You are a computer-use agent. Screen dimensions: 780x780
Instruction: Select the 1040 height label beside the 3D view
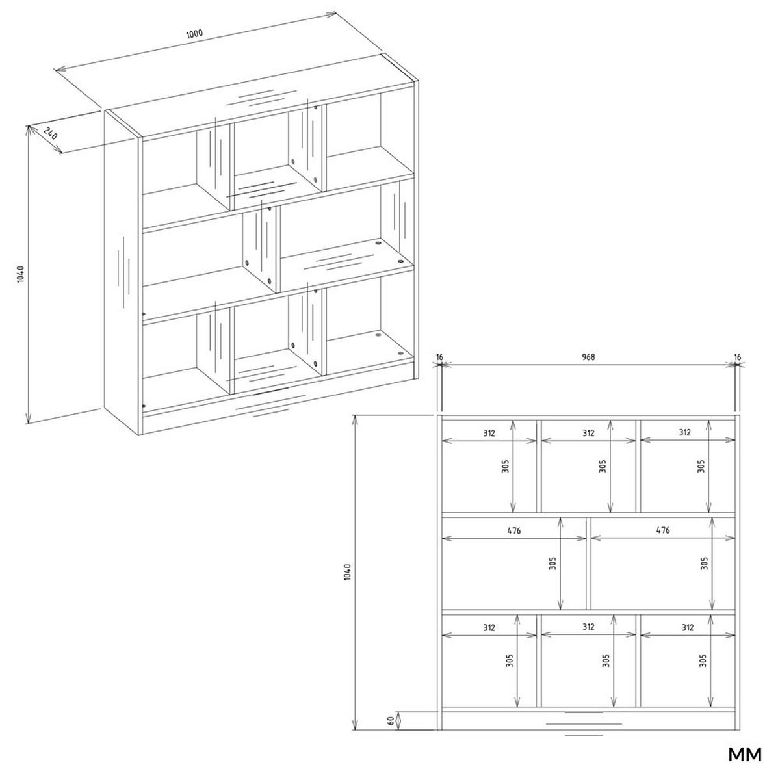[x=20, y=274]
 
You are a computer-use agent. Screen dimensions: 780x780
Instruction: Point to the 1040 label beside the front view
[x=348, y=573]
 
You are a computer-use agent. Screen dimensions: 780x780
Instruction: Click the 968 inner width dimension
[x=588, y=356]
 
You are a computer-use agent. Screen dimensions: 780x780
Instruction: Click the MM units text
[x=744, y=755]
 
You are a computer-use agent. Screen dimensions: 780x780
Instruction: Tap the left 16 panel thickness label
[x=440, y=356]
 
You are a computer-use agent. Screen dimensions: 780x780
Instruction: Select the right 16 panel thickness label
[x=736, y=356]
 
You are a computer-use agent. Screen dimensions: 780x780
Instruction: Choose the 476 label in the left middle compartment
[x=514, y=530]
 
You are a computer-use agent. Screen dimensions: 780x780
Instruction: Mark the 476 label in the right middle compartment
[x=662, y=530]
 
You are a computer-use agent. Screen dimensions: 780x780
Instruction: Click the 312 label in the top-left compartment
[x=489, y=432]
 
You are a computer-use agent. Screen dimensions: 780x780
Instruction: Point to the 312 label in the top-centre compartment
[x=588, y=432]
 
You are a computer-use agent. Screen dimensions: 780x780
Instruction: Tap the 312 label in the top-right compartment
[x=685, y=432]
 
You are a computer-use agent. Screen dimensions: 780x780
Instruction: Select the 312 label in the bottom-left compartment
[x=489, y=627]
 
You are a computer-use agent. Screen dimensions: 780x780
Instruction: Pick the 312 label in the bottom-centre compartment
[x=588, y=627]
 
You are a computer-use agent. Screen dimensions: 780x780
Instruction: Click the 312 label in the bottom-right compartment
[x=687, y=627]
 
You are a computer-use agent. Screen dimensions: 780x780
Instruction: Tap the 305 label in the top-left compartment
[x=506, y=466]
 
